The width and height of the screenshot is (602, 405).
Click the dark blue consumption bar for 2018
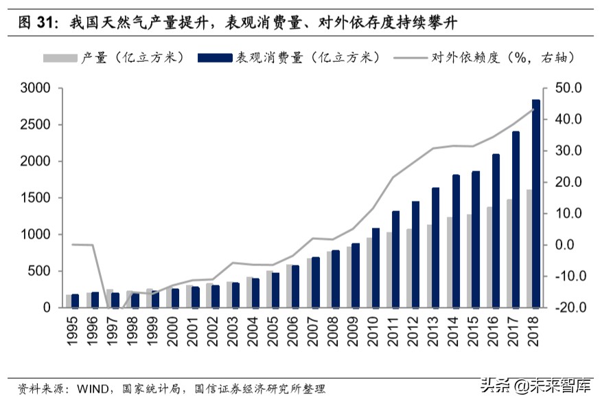click(535, 204)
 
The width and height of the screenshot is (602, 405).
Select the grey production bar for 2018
click(529, 249)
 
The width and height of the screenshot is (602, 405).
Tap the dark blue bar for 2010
click(375, 267)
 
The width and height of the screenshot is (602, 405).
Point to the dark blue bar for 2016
click(496, 230)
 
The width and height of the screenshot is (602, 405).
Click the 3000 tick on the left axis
click(35, 89)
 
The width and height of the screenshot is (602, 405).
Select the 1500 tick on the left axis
click(35, 198)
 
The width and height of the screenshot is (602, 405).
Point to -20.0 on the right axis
click(567, 308)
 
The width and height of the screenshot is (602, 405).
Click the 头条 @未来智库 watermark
click(535, 386)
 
